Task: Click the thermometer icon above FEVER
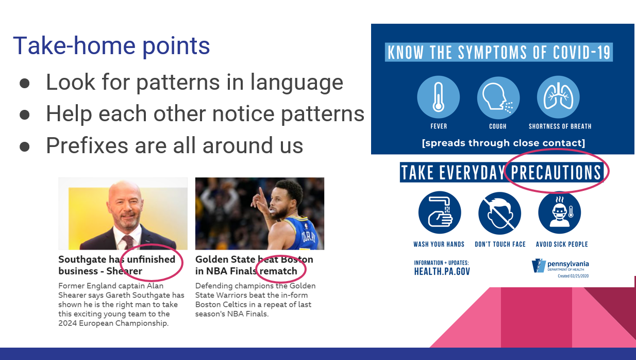(439, 97)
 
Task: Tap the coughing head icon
(498, 97)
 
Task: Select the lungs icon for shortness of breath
(558, 97)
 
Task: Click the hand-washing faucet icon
(440, 212)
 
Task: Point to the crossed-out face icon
(499, 213)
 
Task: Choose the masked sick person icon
(560, 212)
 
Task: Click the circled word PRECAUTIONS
(556, 172)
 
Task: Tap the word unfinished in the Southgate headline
(151, 259)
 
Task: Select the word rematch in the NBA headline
(278, 271)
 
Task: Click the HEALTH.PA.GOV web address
(442, 272)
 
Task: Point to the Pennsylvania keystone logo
(539, 266)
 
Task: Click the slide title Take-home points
(111, 46)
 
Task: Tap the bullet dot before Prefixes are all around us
(25, 146)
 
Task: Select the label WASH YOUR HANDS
(439, 244)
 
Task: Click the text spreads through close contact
(504, 143)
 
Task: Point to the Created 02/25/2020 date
(573, 276)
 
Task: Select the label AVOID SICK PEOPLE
(562, 244)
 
